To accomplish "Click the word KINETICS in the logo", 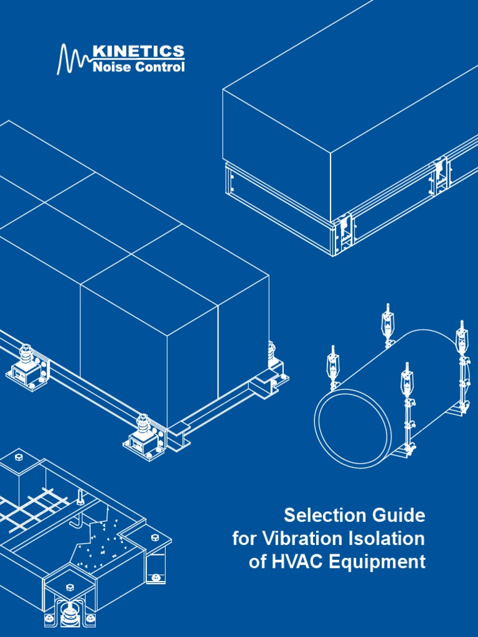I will click(138, 51).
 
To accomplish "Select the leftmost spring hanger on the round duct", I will click(334, 367).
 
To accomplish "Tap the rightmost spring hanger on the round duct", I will click(462, 339).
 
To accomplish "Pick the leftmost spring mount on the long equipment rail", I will click(27, 367).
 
